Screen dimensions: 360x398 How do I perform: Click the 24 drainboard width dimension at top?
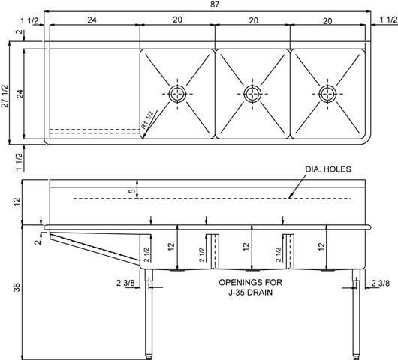point(92,21)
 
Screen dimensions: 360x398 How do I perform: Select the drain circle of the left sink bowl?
point(177,93)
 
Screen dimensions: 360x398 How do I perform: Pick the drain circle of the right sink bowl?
point(327,93)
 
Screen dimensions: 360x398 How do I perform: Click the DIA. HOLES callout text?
point(327,169)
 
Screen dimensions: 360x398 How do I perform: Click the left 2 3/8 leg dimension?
point(125,282)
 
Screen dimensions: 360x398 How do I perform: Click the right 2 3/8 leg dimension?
point(380,282)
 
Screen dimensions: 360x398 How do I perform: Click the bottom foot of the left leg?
point(149,353)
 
